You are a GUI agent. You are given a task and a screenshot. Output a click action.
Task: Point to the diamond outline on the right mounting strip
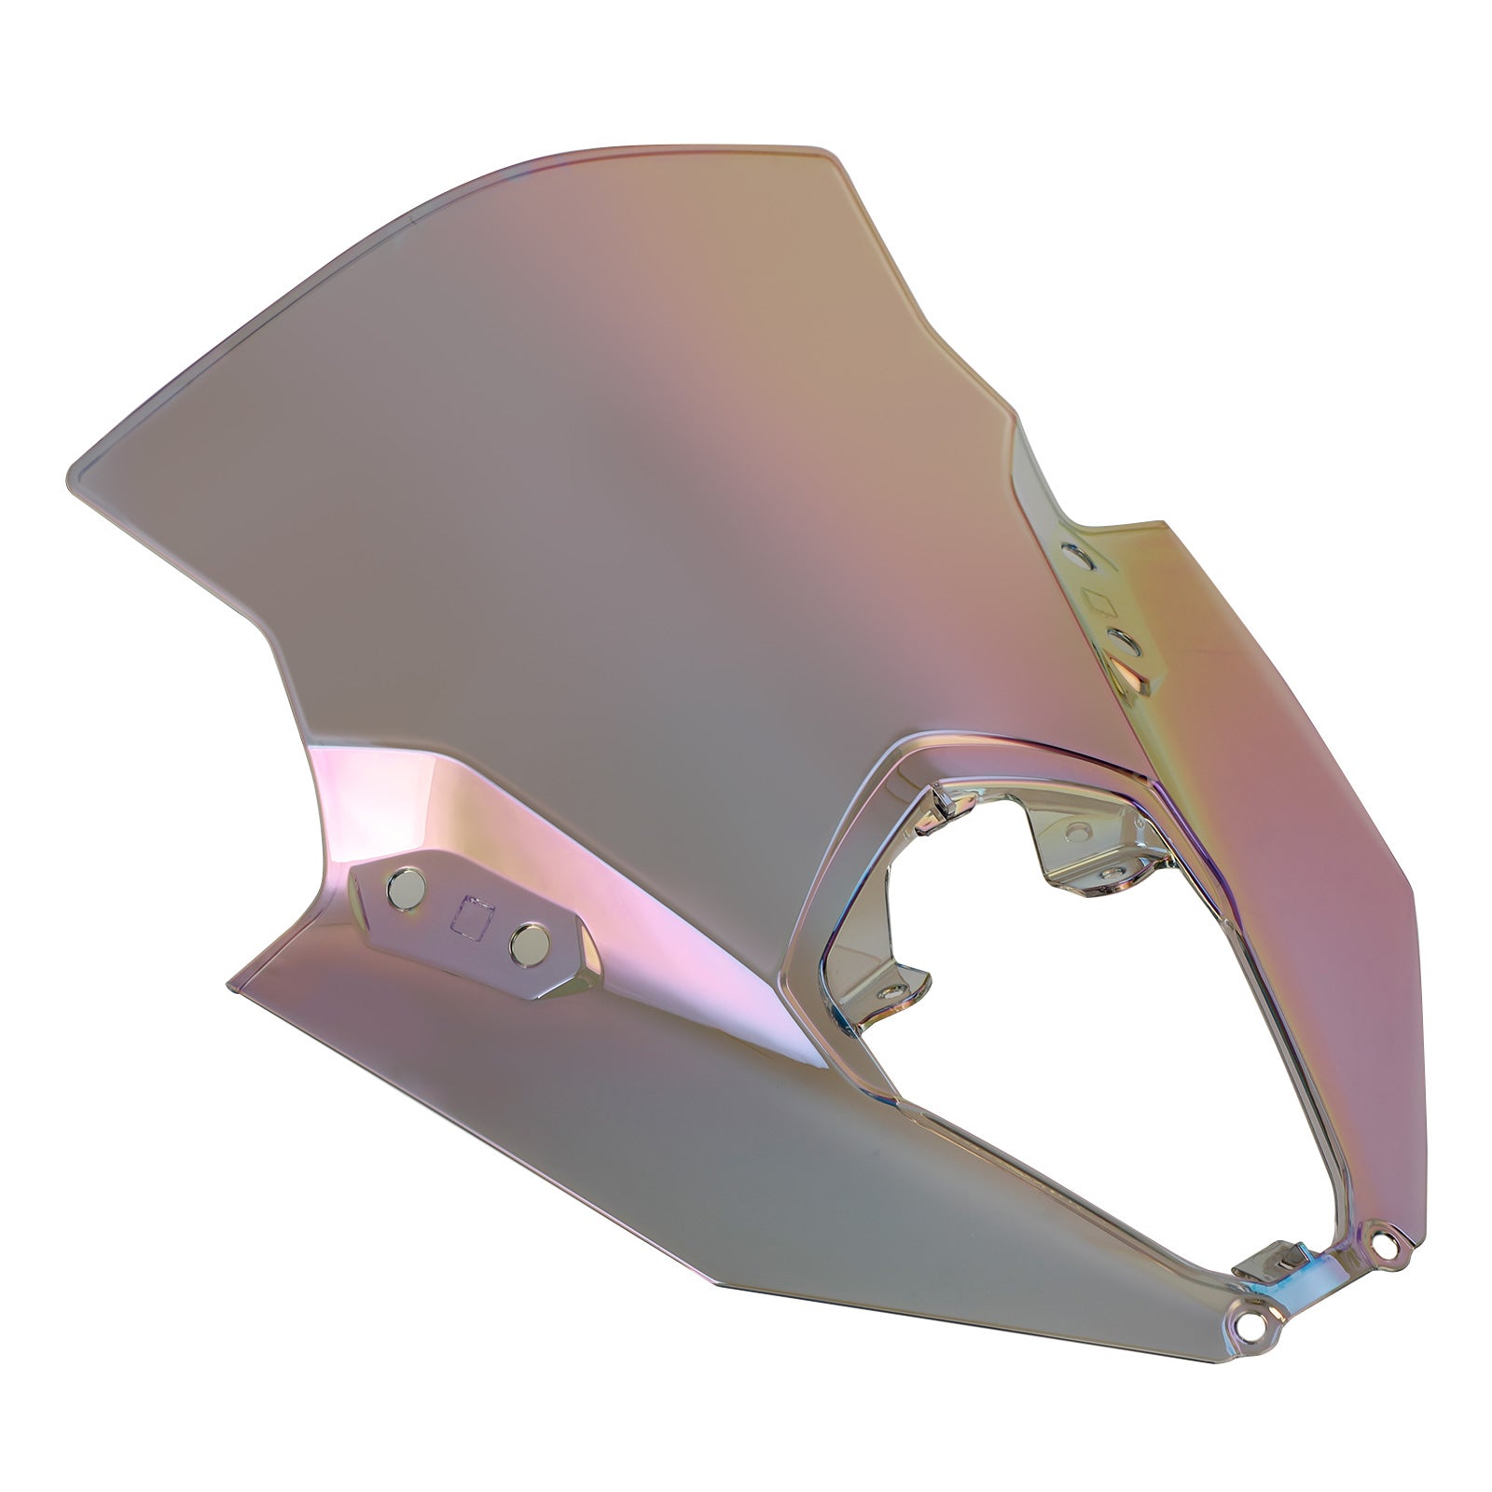[x=1100, y=601]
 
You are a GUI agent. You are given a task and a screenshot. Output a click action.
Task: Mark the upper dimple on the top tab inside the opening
[x=1079, y=828]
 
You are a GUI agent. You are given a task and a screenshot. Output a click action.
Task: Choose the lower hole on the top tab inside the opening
[x=1112, y=870]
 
